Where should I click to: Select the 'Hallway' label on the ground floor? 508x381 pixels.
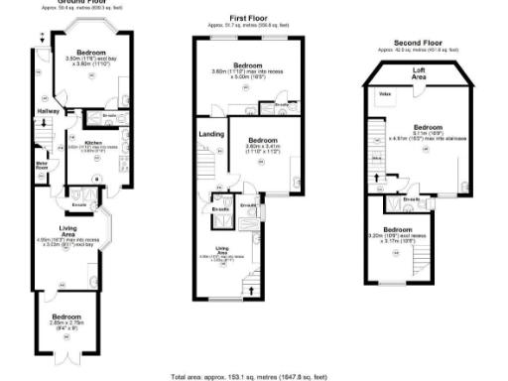tap(48, 111)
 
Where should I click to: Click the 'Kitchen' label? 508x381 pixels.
tap(93, 143)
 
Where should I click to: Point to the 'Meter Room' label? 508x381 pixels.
tap(43, 164)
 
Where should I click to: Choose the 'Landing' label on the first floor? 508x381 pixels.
tap(210, 133)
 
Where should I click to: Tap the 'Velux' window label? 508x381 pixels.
tap(385, 94)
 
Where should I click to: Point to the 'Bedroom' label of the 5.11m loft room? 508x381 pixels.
tap(429, 127)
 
